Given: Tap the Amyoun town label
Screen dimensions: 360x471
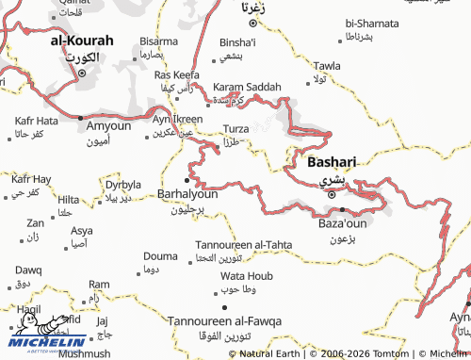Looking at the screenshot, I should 109,125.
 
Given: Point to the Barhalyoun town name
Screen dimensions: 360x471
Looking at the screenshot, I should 187,193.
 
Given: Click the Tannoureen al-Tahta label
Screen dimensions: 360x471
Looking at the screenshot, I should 243,244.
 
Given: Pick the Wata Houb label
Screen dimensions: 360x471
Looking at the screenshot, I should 246,275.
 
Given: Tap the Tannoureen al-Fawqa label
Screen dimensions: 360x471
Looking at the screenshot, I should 224,321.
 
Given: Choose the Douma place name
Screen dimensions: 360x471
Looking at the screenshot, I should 160,256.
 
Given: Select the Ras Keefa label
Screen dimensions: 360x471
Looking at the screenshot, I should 177,74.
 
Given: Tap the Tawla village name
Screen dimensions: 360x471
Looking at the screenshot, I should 327,65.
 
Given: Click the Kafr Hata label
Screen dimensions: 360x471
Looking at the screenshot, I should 37,122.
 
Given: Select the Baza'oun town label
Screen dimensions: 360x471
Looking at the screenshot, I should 342,224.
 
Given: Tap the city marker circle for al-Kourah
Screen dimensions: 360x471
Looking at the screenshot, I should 83,72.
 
